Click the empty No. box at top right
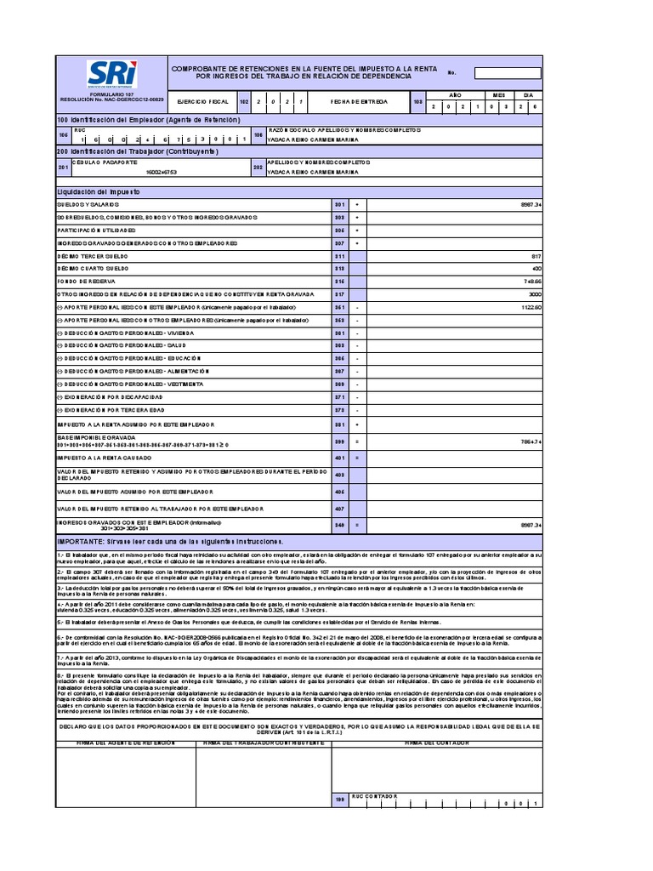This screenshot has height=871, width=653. [x=507, y=73]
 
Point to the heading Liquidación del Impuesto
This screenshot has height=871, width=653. [x=99, y=193]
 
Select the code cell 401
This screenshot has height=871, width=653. [x=339, y=458]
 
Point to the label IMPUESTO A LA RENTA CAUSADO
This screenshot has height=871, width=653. [x=105, y=458]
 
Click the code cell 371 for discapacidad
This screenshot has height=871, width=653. [x=339, y=397]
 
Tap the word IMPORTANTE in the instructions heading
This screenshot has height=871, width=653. [x=79, y=541]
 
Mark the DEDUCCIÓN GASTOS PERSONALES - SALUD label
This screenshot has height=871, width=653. [x=122, y=346]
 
